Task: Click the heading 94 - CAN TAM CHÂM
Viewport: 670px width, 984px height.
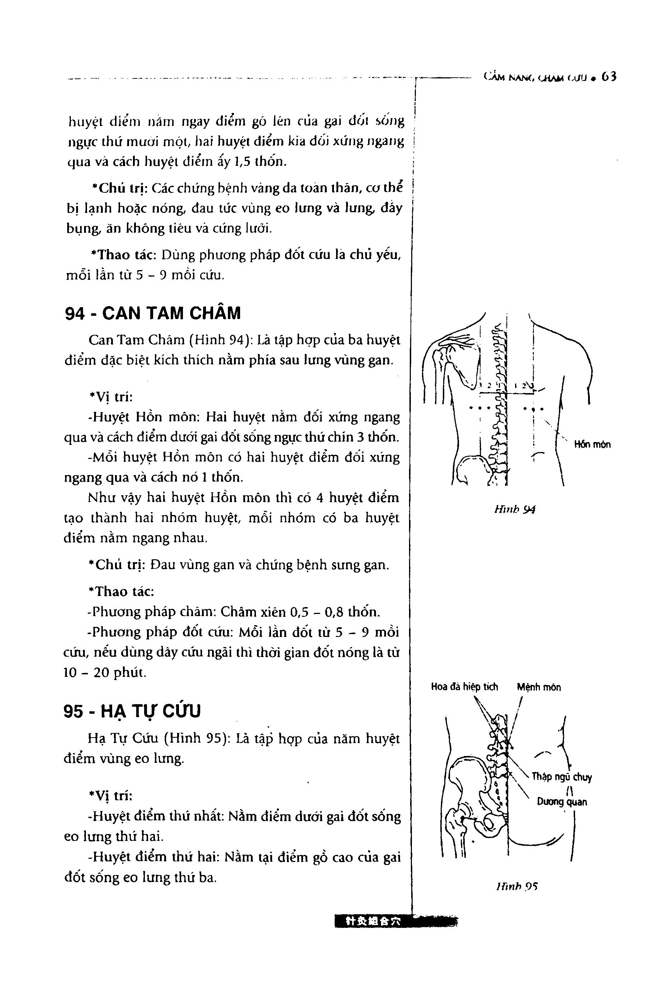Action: click(153, 313)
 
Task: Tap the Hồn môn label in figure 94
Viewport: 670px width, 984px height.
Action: click(592, 445)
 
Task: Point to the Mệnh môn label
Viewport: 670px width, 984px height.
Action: click(538, 687)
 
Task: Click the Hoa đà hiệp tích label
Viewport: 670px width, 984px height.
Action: click(464, 687)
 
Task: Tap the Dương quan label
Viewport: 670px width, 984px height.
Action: click(562, 802)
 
